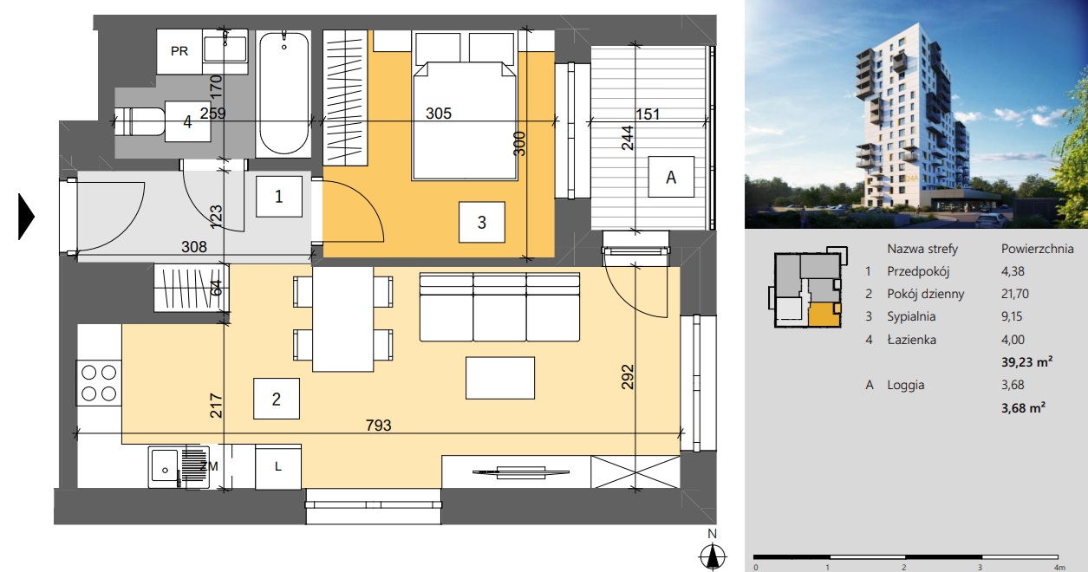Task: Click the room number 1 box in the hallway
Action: (x=279, y=197)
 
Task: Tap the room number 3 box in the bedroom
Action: (x=482, y=223)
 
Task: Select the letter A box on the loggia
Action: (x=671, y=177)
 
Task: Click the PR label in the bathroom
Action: (x=179, y=51)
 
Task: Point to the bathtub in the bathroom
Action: (x=283, y=94)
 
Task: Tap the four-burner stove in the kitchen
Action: (x=99, y=383)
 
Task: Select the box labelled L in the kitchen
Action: (x=278, y=466)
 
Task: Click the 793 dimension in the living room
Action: (x=378, y=426)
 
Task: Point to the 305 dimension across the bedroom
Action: (x=439, y=114)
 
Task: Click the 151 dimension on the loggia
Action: (x=648, y=114)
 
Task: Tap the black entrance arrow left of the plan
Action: (x=26, y=217)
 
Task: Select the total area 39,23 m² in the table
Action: (x=1026, y=361)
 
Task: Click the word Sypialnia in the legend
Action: (x=911, y=316)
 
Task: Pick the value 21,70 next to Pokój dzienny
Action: (x=1015, y=294)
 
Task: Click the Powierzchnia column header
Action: (x=1038, y=249)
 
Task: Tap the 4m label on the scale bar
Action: (x=1059, y=567)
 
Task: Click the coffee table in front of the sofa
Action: (x=500, y=378)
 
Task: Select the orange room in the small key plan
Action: (x=824, y=314)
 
